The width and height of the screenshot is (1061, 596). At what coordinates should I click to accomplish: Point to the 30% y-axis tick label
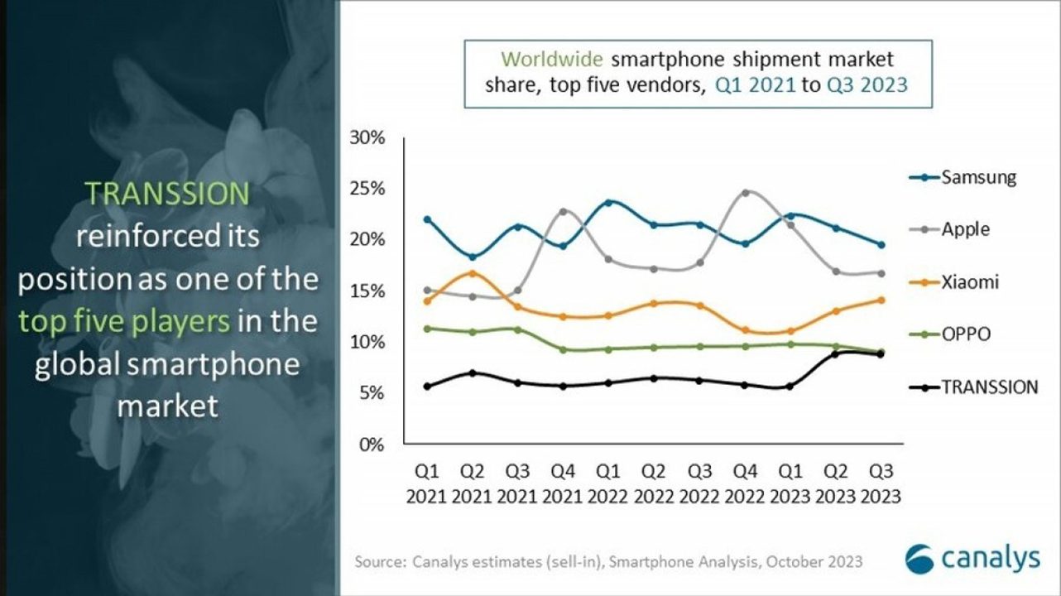tap(367, 137)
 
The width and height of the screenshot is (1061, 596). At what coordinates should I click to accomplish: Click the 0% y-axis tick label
tap(372, 445)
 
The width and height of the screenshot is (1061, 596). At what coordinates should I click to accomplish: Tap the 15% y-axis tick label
tap(367, 291)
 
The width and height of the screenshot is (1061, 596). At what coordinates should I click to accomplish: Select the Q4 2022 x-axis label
tap(745, 484)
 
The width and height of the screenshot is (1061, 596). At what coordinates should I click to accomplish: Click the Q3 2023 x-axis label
tap(881, 484)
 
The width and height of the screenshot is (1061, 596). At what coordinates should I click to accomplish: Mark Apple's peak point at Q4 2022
tap(745, 193)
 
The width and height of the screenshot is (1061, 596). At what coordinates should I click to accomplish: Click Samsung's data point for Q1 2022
tap(608, 202)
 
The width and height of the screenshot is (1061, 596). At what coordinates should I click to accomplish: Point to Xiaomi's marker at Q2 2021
tap(472, 273)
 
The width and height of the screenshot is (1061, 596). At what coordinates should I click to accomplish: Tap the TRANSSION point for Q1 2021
tap(426, 387)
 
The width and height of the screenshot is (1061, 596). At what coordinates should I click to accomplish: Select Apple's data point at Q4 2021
tap(563, 211)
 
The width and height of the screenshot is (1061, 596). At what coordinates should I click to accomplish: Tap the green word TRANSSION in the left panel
tap(168, 194)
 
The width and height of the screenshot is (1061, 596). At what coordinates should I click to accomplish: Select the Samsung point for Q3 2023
tap(881, 245)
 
